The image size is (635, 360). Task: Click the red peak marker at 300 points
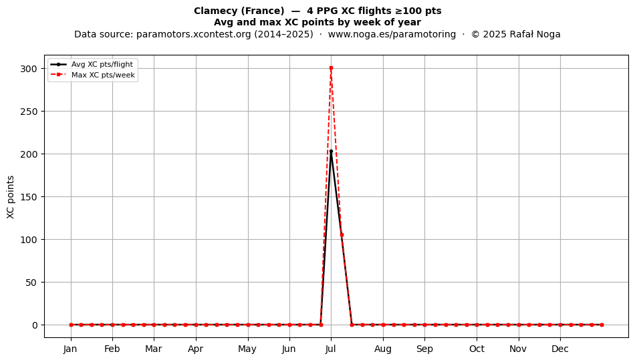(331, 68)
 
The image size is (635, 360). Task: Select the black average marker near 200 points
(331, 152)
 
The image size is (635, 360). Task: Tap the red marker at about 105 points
(342, 235)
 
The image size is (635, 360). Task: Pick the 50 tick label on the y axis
(31, 283)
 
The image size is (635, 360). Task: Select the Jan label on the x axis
(70, 349)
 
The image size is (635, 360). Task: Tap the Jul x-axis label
(330, 349)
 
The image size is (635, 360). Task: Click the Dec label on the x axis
(560, 349)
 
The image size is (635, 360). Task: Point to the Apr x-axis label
(196, 349)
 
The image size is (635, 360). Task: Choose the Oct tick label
(477, 349)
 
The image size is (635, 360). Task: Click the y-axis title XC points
(11, 197)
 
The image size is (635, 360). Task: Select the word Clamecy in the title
(215, 11)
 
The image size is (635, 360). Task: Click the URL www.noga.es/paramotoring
(392, 34)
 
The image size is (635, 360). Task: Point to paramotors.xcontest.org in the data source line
(194, 34)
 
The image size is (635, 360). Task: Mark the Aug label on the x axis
(383, 349)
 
